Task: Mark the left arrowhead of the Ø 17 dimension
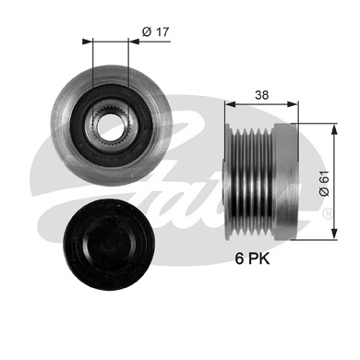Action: point(86,42)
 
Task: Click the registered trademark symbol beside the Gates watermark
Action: point(328,211)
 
